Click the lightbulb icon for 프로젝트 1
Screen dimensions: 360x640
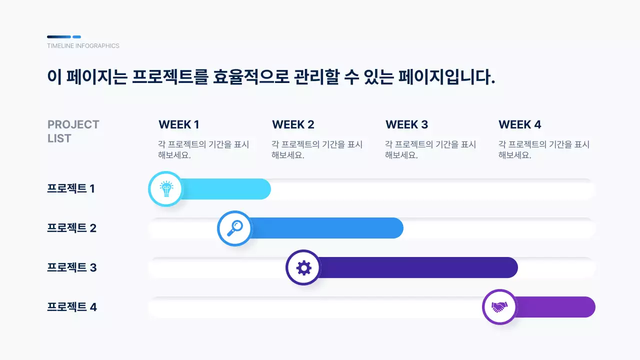(x=165, y=189)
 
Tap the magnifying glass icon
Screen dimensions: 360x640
(x=234, y=228)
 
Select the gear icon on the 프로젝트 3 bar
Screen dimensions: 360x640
(x=303, y=268)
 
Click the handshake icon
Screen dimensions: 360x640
(x=499, y=307)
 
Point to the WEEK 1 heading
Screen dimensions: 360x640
(x=179, y=124)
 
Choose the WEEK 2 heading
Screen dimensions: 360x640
(x=293, y=124)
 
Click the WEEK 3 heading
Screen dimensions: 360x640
(x=406, y=124)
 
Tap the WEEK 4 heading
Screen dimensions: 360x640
(x=520, y=124)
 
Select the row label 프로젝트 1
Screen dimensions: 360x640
(x=71, y=189)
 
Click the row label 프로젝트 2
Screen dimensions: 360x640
(x=71, y=228)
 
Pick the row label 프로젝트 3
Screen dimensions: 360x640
(x=71, y=268)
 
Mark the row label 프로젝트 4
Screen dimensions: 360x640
(x=71, y=307)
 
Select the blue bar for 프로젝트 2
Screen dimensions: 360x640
(x=325, y=228)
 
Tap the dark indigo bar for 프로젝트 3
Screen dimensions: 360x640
(x=415, y=268)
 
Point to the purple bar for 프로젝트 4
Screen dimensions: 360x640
(x=555, y=307)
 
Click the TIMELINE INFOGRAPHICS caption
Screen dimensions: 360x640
(x=83, y=46)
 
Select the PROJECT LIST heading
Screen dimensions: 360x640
(x=73, y=131)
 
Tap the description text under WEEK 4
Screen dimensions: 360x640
(x=543, y=149)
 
